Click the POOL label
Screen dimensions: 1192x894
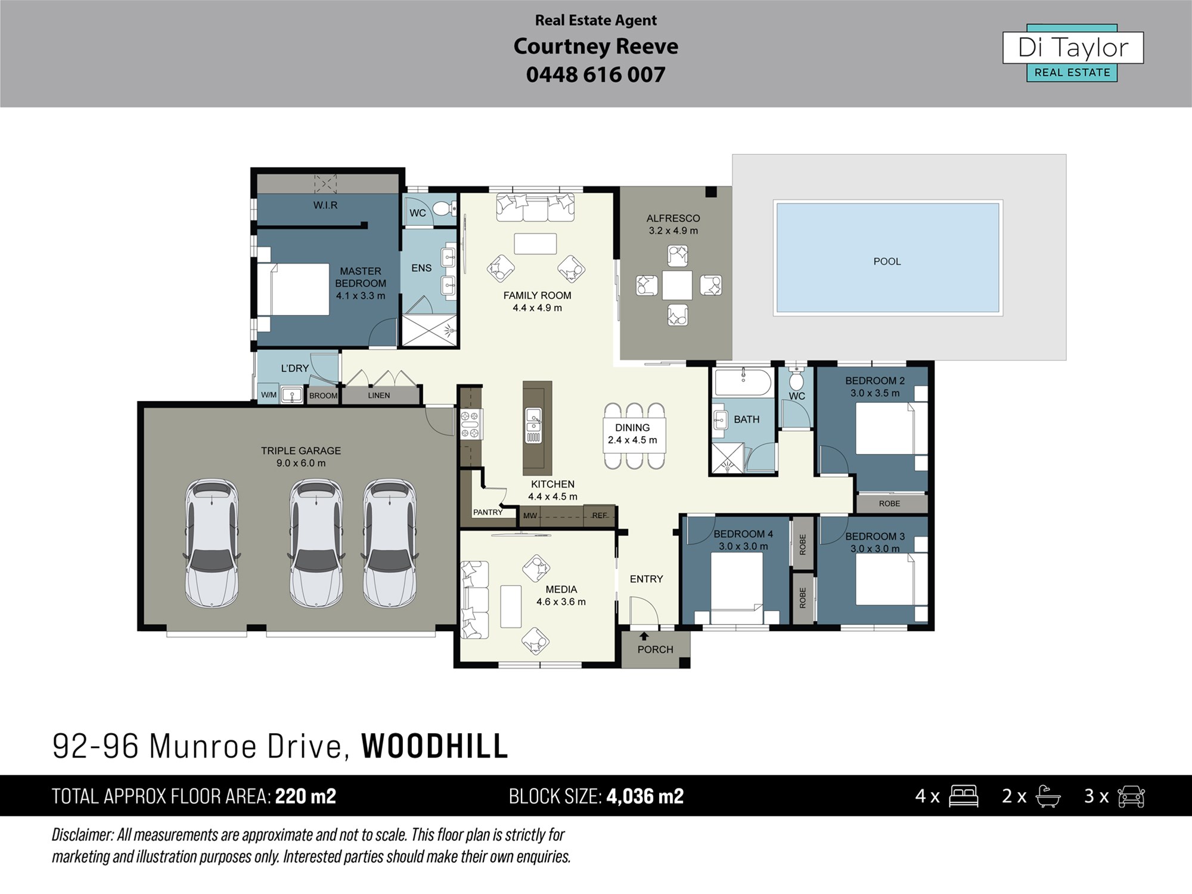click(887, 262)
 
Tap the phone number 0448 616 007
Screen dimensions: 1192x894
click(595, 74)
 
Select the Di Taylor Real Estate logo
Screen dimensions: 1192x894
click(1073, 53)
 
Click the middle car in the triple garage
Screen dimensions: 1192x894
click(316, 543)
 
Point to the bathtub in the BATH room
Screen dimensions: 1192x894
click(743, 381)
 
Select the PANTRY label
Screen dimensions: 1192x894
click(488, 512)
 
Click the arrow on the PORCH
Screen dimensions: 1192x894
click(644, 637)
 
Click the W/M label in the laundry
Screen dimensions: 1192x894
click(269, 395)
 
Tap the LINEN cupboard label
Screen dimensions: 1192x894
click(379, 395)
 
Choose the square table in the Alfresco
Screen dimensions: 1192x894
click(678, 285)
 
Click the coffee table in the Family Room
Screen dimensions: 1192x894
click(535, 244)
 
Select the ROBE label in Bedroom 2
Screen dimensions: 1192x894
click(889, 504)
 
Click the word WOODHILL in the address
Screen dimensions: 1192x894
click(434, 746)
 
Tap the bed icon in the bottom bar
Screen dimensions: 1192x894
click(964, 796)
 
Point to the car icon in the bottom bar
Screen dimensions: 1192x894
click(1131, 796)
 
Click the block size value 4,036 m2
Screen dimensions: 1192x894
click(645, 796)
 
